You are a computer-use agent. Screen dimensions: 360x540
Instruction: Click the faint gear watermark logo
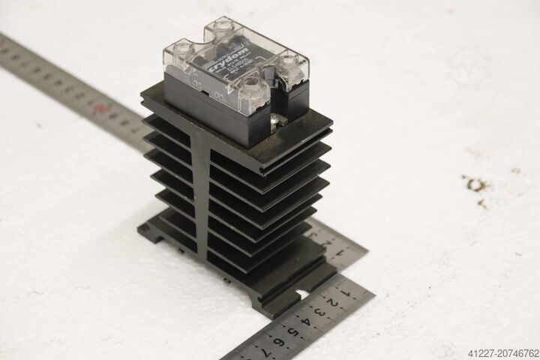(x=469, y=67)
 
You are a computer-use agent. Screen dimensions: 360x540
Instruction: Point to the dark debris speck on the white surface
(x=474, y=183)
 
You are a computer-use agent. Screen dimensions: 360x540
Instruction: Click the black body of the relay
(x=217, y=101)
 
